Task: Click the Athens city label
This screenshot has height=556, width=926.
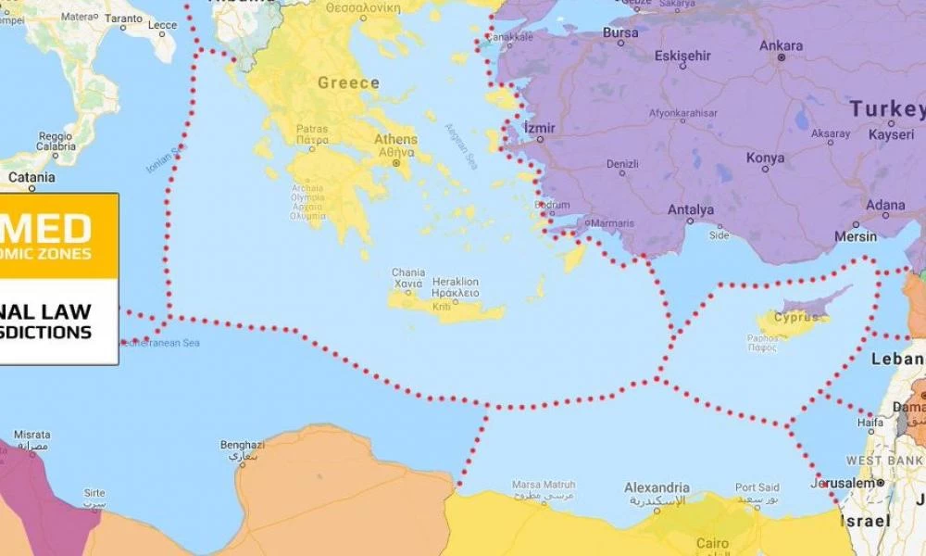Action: tap(395, 140)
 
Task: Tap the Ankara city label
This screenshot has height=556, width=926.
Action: tap(781, 45)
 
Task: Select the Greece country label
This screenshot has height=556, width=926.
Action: tap(348, 83)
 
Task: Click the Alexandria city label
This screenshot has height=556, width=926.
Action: tap(657, 488)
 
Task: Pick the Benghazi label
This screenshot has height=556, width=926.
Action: tap(243, 446)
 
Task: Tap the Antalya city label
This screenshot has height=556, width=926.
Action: tap(691, 210)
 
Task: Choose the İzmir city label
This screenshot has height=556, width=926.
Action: tap(539, 126)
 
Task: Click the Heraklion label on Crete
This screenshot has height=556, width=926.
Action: tap(456, 282)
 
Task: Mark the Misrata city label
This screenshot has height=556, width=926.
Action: tap(32, 435)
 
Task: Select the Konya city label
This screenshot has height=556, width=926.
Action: tap(766, 158)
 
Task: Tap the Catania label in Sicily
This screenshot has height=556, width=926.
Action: tap(31, 177)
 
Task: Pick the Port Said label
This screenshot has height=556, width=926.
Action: tap(757, 487)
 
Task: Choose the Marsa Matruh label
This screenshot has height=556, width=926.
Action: tap(544, 485)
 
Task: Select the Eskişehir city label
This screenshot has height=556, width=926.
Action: tap(682, 56)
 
